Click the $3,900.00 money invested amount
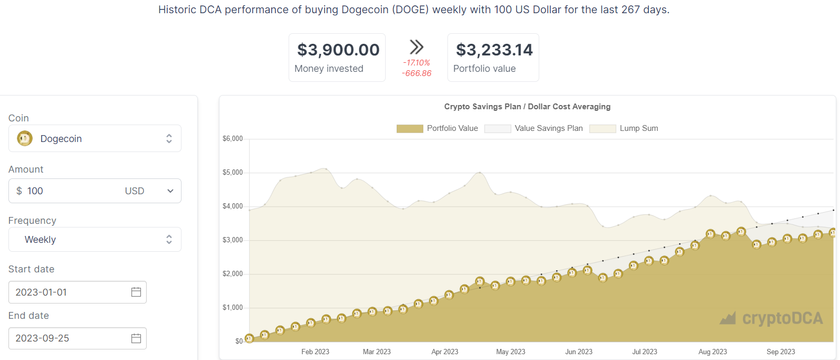pos(338,50)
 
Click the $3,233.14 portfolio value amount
pos(494,50)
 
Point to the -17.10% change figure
pos(416,63)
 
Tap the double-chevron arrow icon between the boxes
pos(416,47)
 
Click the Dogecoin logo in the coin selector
pos(25,138)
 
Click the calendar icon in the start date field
pos(136,292)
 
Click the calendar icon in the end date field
pos(136,338)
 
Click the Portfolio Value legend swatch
pos(409,128)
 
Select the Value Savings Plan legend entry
pos(549,128)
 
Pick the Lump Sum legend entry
pos(638,128)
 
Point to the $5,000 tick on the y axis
pos(233,173)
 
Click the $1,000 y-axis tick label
pos(233,308)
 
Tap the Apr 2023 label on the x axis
pos(445,352)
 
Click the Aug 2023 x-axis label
pos(712,352)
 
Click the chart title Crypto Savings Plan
pos(527,107)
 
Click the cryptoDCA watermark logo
pos(771,318)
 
